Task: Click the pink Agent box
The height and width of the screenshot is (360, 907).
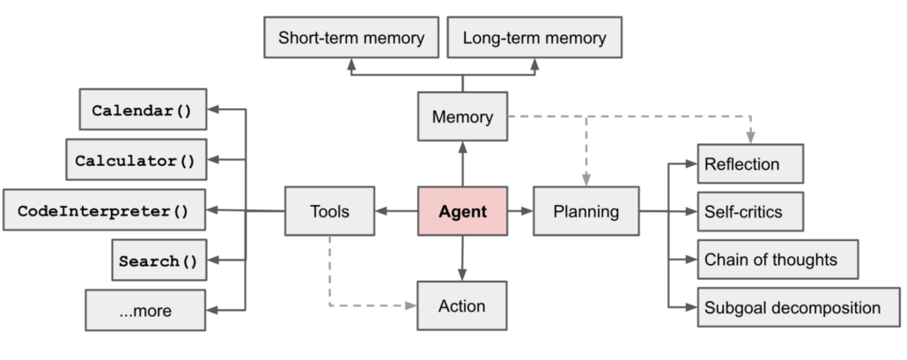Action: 462,211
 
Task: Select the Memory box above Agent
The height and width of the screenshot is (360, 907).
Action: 462,117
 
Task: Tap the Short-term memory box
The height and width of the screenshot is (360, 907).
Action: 351,39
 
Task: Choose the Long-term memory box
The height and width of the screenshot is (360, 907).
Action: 535,39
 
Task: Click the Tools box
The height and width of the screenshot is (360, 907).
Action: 329,211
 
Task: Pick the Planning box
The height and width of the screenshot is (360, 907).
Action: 586,211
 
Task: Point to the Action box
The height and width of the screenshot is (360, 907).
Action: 462,305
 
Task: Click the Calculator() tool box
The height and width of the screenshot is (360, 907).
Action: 136,160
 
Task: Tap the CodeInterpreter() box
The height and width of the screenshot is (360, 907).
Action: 105,210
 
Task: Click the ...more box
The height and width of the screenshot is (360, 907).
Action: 145,311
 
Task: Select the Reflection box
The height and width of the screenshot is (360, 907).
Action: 750,165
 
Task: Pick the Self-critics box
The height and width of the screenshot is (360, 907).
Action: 750,212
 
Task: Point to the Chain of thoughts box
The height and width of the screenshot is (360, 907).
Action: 777,260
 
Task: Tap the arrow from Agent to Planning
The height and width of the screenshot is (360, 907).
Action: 520,211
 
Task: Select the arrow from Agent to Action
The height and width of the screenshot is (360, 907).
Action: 462,258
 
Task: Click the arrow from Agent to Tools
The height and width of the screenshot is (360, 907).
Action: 396,211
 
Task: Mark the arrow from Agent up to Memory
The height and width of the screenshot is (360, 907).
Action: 462,164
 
